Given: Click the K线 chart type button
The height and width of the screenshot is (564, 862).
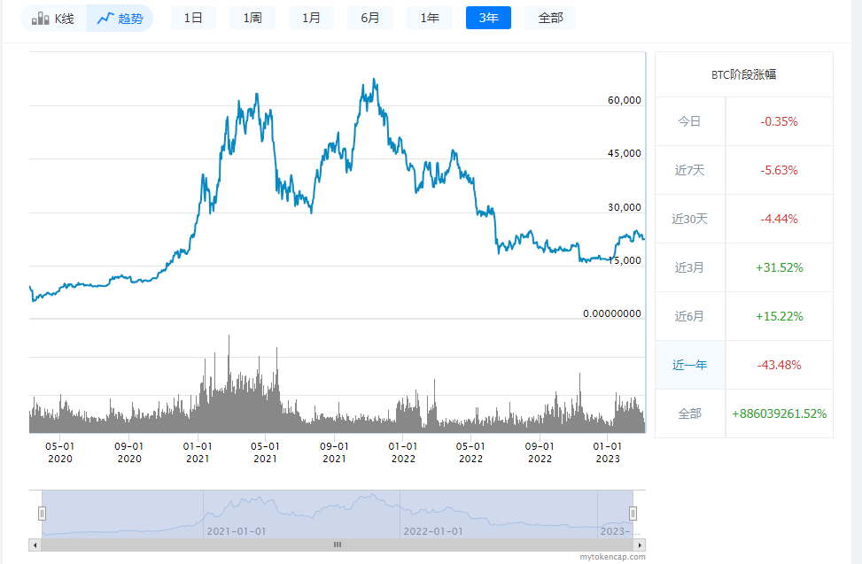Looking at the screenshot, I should (x=53, y=18).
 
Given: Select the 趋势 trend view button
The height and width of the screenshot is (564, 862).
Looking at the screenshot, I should (x=120, y=18).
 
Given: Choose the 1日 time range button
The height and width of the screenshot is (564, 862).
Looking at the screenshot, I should (x=193, y=18).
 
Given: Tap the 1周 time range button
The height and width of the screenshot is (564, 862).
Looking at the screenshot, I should (x=252, y=18).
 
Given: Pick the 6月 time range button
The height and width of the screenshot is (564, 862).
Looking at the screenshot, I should (x=370, y=18).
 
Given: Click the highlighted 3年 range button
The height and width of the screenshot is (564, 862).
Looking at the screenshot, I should (x=488, y=18).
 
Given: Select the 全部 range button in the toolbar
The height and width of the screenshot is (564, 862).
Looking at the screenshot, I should (x=549, y=18).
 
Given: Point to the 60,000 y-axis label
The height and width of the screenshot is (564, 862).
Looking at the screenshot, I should (x=624, y=100).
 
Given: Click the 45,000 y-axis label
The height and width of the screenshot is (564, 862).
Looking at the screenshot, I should (x=624, y=153).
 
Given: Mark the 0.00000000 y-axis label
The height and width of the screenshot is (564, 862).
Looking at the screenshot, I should (x=611, y=313).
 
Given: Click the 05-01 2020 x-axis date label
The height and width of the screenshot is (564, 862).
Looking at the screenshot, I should (x=60, y=452).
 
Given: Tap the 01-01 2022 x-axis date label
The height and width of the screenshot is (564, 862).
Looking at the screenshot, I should (x=403, y=452).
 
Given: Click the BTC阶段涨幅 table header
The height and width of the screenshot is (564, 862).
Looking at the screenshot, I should (x=743, y=75).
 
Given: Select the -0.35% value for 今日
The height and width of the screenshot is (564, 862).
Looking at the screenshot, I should (x=779, y=121).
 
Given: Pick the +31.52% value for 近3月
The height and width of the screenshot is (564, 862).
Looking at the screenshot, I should (x=779, y=267).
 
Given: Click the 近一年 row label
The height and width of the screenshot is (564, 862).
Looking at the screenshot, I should (x=689, y=365).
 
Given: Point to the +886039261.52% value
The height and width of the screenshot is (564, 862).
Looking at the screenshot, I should (x=779, y=413).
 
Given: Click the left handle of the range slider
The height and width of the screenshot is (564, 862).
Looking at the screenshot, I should (x=42, y=513).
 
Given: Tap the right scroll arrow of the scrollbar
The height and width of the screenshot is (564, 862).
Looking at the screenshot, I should (x=641, y=545).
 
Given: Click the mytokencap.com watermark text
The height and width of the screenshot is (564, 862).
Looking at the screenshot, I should (x=612, y=557).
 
